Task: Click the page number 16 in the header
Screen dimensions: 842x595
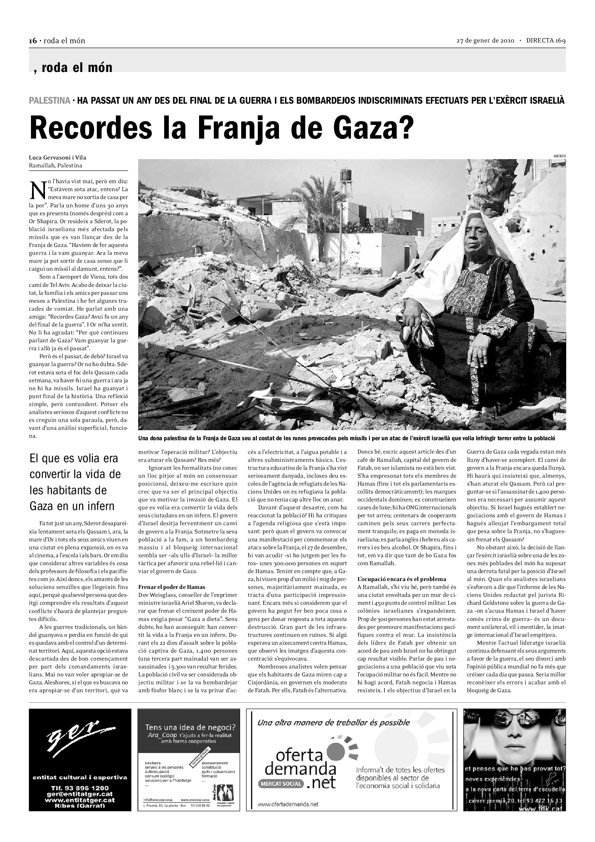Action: pyautogui.click(x=33, y=41)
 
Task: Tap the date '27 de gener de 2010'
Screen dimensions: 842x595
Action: pyautogui.click(x=485, y=41)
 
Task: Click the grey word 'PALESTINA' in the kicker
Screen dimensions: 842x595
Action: pyautogui.click(x=49, y=100)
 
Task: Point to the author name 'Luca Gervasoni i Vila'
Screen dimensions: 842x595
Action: pyautogui.click(x=58, y=158)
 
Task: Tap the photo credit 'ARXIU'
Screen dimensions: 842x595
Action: pyautogui.click(x=559, y=156)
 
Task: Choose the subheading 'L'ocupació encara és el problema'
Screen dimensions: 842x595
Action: pyautogui.click(x=401, y=579)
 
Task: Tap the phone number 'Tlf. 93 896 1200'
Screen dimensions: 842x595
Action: pyautogui.click(x=80, y=788)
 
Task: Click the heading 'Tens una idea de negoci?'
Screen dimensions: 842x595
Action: pyautogui.click(x=190, y=727)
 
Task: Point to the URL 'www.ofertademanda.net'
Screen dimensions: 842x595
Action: pyautogui.click(x=288, y=804)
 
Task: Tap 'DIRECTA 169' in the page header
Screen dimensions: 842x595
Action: pyautogui.click(x=546, y=41)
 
